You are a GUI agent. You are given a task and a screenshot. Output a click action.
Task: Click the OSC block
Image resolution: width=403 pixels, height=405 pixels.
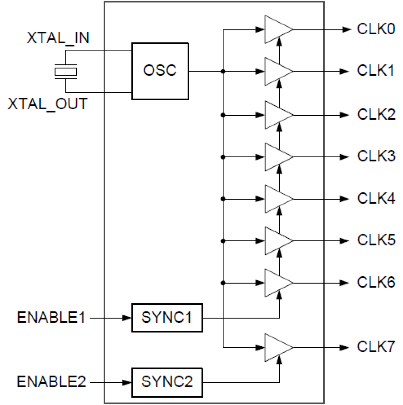(160, 71)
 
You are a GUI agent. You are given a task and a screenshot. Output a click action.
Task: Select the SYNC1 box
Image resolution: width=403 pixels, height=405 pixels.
(167, 318)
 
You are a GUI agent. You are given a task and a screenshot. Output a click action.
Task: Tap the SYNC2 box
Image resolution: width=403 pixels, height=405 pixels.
(167, 382)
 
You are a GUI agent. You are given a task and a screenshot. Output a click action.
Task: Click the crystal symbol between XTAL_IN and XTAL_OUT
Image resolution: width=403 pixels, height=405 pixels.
(65, 71)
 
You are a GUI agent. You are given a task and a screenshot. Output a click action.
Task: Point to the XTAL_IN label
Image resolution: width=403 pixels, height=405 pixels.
(58, 38)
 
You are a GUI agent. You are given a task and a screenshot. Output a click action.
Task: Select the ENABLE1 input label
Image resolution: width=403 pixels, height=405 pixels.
(51, 318)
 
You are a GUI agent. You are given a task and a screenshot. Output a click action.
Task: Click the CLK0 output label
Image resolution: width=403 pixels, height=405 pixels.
(376, 29)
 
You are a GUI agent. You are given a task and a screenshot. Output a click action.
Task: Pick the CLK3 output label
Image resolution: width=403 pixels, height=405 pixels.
(376, 156)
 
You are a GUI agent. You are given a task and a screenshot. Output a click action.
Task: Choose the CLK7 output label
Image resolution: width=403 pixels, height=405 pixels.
(376, 347)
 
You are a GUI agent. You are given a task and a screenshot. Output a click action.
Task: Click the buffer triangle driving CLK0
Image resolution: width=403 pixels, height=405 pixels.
(276, 29)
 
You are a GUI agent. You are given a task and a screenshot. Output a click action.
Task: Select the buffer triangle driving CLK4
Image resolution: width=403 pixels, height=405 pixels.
(276, 199)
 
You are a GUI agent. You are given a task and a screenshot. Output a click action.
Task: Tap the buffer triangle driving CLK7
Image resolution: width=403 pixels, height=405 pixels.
(276, 348)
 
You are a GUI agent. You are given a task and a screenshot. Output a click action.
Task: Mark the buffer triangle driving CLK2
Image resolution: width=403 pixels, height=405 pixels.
(276, 115)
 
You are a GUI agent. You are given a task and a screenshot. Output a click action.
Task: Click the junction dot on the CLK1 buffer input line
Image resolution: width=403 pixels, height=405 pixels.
(223, 71)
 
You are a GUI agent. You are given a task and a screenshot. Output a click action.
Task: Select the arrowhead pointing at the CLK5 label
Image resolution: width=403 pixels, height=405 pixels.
(345, 241)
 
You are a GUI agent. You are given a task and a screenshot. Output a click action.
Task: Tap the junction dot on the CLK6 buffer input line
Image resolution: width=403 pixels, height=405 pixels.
(223, 283)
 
